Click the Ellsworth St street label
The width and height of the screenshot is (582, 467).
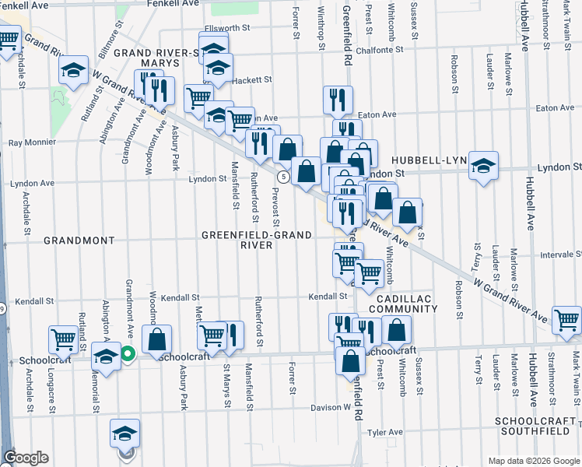[225, 27]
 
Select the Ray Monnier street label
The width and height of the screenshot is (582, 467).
[32, 142]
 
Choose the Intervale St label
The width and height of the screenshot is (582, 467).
[560, 254]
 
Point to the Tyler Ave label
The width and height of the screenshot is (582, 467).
[385, 432]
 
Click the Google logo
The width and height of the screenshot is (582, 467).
[26, 458]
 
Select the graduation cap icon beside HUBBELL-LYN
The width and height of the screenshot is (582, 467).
[483, 164]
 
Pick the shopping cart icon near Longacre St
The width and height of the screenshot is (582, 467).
[62, 339]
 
